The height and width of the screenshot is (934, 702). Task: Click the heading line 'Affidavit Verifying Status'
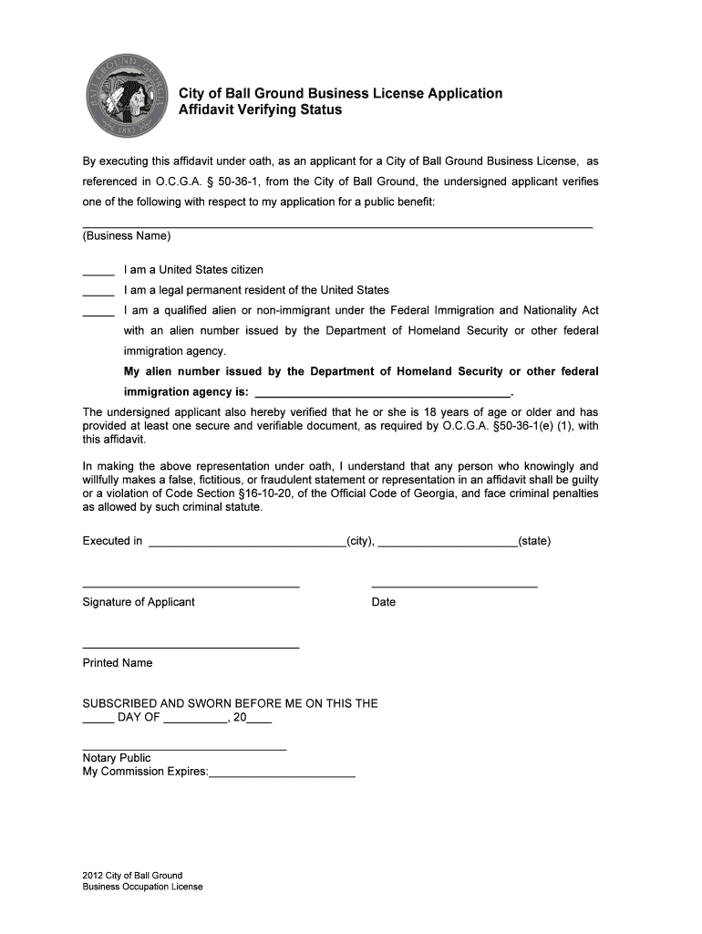[260, 110]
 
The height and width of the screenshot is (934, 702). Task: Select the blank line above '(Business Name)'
[337, 224]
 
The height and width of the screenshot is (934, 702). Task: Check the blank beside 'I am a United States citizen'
[98, 273]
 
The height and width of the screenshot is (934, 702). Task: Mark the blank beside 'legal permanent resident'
[98, 293]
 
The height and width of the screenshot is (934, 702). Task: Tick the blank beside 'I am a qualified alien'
[98, 314]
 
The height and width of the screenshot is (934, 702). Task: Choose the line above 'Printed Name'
[191, 648]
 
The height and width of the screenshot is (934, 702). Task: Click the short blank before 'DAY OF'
[98, 721]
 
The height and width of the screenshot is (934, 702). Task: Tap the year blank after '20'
[259, 721]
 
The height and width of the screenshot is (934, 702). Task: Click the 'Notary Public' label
[117, 758]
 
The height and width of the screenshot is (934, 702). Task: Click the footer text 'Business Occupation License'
[142, 887]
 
